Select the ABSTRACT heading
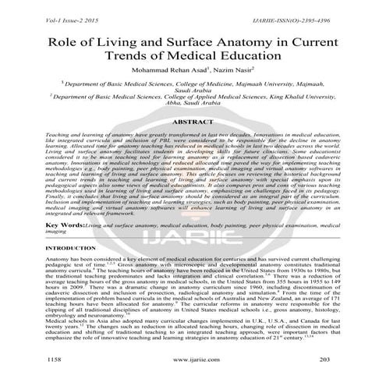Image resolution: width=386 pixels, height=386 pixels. click(193, 122)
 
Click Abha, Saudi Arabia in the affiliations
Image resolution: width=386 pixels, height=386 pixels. click(193, 111)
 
